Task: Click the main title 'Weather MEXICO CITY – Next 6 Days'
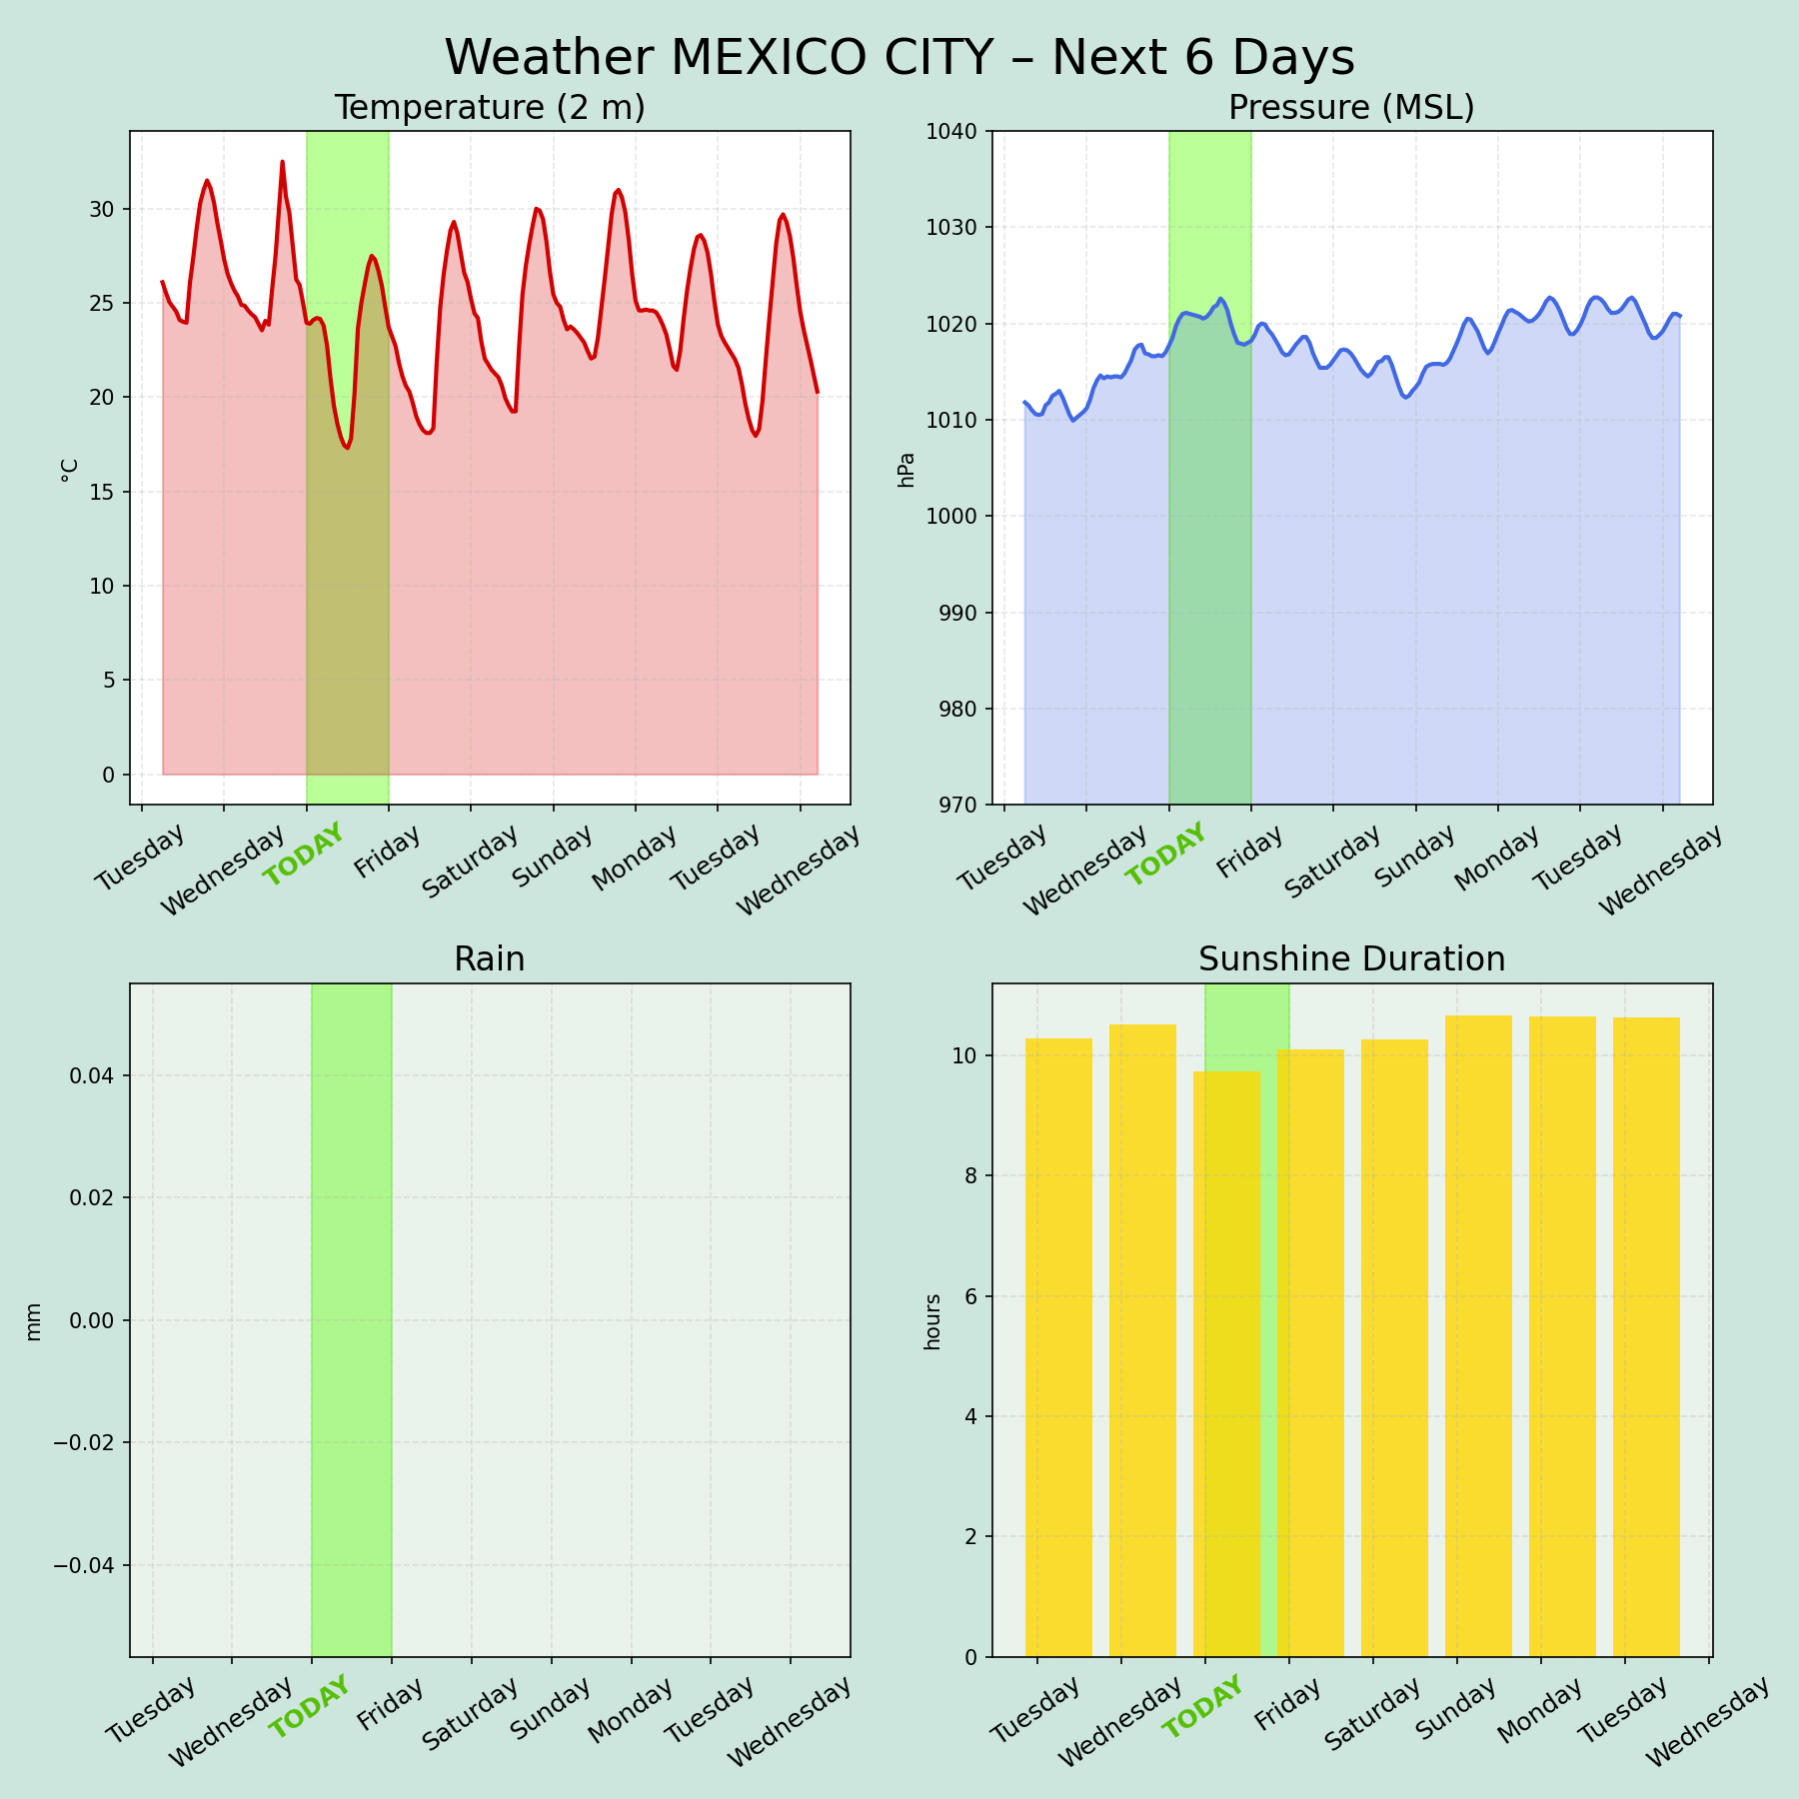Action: (899, 57)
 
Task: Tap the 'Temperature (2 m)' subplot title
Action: (490, 108)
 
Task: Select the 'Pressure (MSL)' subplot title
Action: (1351, 108)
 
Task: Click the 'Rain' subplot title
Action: (490, 959)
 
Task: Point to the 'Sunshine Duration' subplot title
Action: (1351, 959)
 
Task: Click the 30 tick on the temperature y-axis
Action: (102, 209)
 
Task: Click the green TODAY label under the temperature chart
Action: (304, 855)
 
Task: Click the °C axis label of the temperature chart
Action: (69, 471)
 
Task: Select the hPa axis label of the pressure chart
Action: (906, 470)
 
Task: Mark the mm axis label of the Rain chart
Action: (34, 1320)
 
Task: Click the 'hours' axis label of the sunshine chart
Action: (932, 1321)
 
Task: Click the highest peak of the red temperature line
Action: (282, 162)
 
